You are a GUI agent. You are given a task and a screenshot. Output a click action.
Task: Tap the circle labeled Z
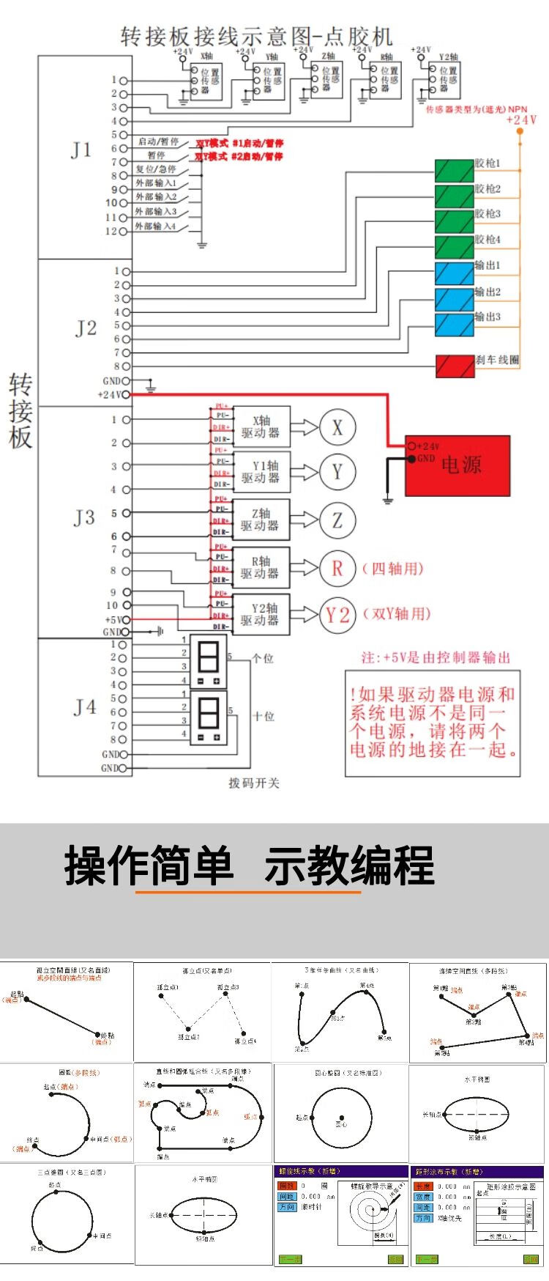pos(337,520)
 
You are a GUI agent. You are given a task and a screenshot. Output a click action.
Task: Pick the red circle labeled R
pos(337,568)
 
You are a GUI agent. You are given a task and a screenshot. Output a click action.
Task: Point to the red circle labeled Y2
pos(337,615)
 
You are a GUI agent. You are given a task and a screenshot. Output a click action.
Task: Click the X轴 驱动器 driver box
pos(261,427)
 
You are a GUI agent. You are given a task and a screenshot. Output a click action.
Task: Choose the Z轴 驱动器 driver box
pos(261,520)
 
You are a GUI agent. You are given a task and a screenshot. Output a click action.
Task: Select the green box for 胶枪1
pos(454,171)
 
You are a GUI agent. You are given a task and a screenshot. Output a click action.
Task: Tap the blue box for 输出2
pos(454,298)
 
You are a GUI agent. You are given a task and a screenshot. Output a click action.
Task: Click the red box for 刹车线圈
pos(455,366)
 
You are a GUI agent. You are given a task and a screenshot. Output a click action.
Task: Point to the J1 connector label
pos(81,150)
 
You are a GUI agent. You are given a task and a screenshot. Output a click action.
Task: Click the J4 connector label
pos(85,707)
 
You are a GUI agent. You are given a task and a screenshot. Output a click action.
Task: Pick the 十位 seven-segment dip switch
pos(209,717)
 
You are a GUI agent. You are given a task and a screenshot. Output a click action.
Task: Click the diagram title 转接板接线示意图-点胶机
pos(256,37)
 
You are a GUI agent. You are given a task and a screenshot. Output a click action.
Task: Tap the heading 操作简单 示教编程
pos(249,865)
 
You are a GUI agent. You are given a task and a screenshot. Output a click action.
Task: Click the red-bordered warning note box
pos(433,723)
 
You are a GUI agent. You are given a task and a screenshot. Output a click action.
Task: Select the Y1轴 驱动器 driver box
pos(261,472)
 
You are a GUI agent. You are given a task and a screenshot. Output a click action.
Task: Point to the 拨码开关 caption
pos(254,783)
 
